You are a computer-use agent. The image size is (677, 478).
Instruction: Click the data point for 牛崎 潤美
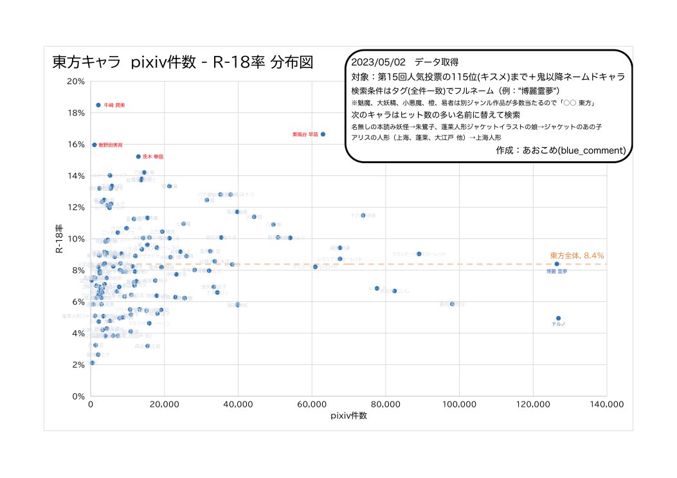(98, 105)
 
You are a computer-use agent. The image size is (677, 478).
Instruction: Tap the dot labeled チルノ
(558, 318)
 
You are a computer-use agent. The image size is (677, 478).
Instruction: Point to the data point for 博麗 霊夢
(557, 264)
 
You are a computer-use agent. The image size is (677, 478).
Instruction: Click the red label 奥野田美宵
(111, 145)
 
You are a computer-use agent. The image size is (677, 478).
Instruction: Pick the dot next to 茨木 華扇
(138, 156)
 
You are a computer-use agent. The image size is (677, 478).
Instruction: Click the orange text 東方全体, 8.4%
(577, 256)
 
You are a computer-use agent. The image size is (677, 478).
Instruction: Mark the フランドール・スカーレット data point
(419, 254)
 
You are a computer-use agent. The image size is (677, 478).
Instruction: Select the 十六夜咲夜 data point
(363, 215)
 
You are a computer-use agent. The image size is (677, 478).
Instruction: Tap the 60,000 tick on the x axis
(312, 405)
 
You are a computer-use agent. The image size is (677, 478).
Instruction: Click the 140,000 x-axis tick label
(606, 405)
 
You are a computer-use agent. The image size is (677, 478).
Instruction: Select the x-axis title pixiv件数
(348, 416)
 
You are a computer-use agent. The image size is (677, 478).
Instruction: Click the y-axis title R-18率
(59, 239)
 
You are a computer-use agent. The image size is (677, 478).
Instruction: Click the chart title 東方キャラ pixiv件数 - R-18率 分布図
(182, 63)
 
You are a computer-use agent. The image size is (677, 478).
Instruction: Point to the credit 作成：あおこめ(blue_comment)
(561, 150)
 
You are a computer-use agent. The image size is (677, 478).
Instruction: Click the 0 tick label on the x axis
(91, 405)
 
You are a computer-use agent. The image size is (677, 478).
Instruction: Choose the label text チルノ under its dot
(558, 324)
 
